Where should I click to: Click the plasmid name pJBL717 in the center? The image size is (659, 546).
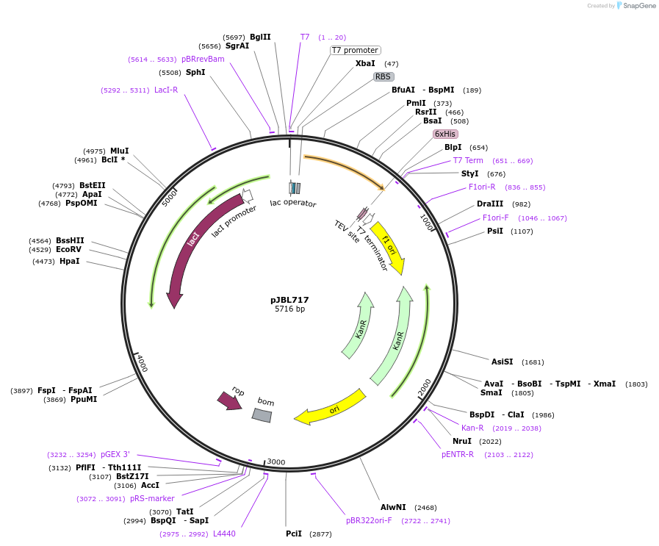click(289, 300)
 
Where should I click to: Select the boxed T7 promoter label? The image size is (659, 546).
click(355, 50)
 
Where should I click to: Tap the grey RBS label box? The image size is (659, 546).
click(383, 76)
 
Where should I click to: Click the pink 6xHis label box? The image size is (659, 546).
click(445, 134)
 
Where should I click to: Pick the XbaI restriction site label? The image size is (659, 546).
click(365, 63)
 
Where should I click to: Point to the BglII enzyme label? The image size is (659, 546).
click(260, 37)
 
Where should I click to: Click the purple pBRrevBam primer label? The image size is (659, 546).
click(203, 59)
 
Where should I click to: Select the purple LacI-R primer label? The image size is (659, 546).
click(166, 90)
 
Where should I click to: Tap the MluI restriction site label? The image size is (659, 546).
click(119, 151)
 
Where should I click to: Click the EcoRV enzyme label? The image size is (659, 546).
click(70, 250)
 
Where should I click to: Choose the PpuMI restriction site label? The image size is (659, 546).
click(84, 399)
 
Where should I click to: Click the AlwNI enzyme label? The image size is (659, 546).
click(393, 507)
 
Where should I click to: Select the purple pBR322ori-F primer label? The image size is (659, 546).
click(369, 520)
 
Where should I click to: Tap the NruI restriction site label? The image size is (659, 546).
click(462, 441)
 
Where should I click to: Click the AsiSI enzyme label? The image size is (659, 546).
click(503, 362)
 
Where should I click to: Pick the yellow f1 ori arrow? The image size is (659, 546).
click(389, 248)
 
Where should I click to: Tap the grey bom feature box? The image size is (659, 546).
click(262, 415)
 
